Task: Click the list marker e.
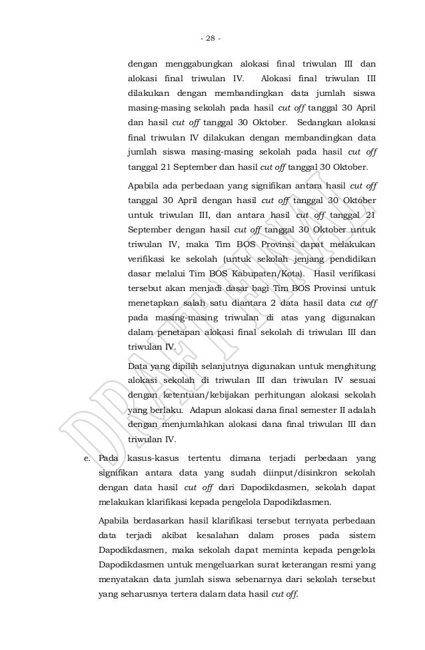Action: click(85, 458)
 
